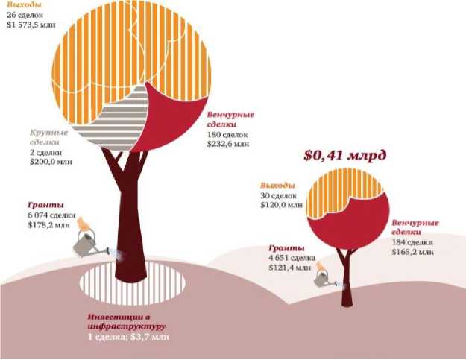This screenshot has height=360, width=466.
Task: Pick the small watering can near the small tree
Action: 327,280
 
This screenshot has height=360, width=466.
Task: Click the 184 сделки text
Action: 412,242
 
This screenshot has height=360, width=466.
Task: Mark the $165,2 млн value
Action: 412,253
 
